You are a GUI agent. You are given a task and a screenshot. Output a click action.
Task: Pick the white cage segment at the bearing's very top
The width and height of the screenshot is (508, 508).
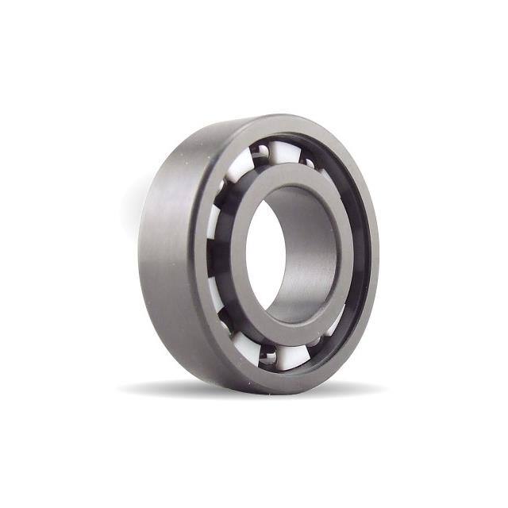pyautogui.click(x=286, y=151)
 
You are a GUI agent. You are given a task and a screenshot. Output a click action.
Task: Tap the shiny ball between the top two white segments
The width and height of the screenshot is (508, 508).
pyautogui.click(x=260, y=152)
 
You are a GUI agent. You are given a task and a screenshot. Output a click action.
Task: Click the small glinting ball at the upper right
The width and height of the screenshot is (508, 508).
pyautogui.click(x=310, y=164)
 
